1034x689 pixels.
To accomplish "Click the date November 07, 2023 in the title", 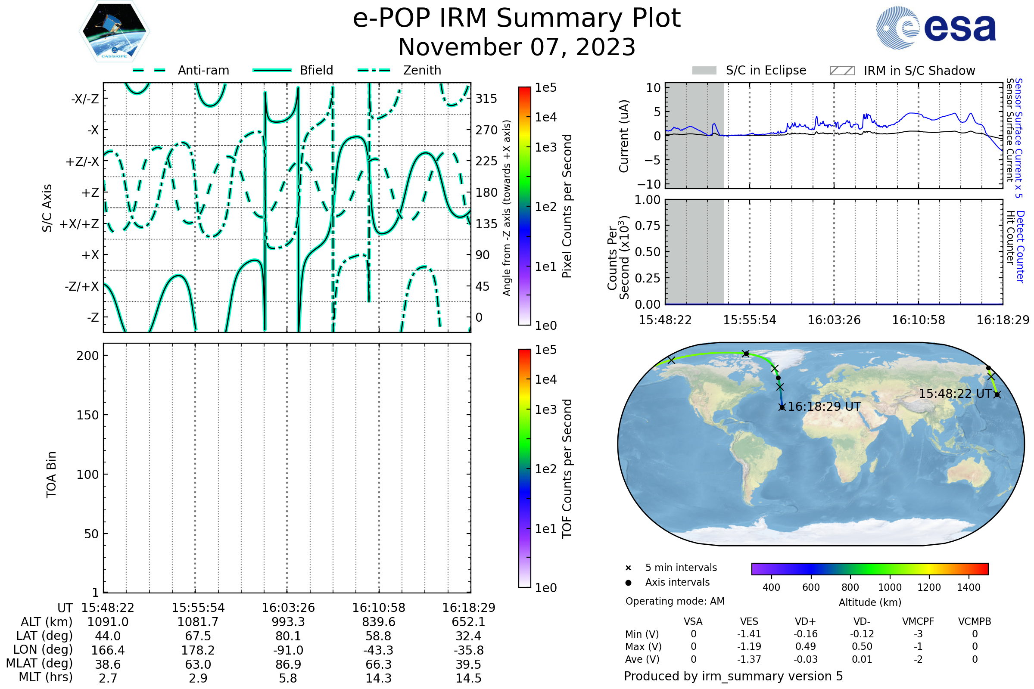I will [517, 47].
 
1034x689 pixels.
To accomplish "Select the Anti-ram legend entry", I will [203, 70].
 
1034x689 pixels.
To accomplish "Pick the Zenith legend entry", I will [422, 70].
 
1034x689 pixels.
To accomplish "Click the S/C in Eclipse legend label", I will [766, 70].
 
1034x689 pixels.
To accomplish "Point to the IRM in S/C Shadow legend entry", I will [919, 71].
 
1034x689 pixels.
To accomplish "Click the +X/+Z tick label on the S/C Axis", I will [79, 224].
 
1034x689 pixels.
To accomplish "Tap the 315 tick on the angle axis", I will [486, 99].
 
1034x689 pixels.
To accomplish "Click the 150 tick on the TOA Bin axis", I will [87, 415].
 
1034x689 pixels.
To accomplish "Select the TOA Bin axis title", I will [51, 474].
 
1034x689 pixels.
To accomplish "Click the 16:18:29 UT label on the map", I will [824, 407].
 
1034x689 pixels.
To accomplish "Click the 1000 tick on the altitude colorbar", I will [889, 587].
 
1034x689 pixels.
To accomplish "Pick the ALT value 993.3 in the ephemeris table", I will [288, 622].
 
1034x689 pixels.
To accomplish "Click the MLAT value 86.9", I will [288, 664].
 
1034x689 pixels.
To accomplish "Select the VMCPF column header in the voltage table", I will [918, 622].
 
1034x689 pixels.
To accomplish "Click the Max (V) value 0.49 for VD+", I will [805, 646].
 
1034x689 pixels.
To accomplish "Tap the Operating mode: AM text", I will [675, 601].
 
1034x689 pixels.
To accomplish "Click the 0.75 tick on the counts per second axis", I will [647, 226].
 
